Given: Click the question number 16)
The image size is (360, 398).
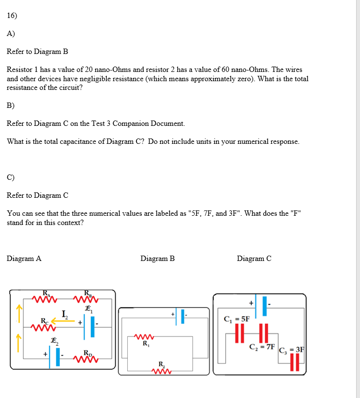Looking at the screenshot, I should (12, 15).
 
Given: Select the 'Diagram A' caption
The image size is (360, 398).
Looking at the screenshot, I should (24, 259).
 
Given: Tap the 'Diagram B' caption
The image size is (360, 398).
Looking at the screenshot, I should (157, 259).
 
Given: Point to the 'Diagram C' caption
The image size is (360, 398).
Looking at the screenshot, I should (254, 259).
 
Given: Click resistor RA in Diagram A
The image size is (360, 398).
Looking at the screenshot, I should (45, 298).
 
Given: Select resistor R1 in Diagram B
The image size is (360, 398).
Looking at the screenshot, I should (144, 337).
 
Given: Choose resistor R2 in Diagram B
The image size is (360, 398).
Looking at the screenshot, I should (161, 370).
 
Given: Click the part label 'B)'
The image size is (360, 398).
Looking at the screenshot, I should (11, 105).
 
